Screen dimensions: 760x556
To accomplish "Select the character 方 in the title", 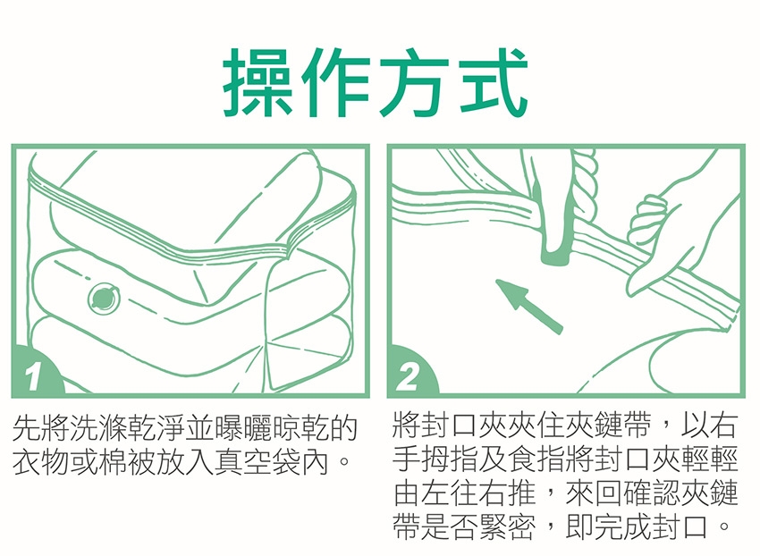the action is point(414,82).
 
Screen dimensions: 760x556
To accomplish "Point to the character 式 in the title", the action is point(493,82).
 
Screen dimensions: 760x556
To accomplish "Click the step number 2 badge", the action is point(410,374).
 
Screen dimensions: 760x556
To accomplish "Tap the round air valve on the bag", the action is point(104,298).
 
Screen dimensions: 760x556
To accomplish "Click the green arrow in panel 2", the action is point(528,306).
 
